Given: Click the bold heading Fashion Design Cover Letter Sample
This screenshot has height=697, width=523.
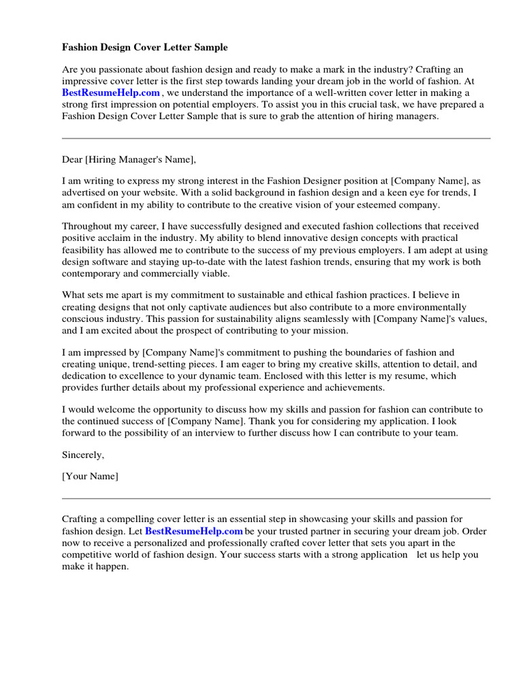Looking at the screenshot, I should point(145,48).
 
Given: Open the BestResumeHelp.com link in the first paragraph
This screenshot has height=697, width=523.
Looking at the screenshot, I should point(111,93).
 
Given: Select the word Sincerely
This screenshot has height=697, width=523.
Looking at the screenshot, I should point(83,454).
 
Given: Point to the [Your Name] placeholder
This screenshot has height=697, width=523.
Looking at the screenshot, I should point(90,476).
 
